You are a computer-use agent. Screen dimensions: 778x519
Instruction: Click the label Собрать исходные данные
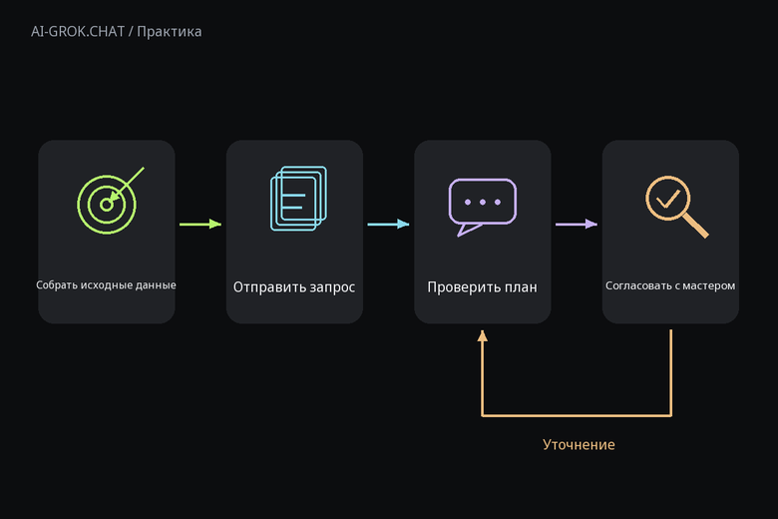(106, 285)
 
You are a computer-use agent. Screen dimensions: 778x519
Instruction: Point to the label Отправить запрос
(294, 287)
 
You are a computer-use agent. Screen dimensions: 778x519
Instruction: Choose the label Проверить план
(483, 287)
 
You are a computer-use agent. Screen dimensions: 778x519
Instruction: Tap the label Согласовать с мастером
(670, 285)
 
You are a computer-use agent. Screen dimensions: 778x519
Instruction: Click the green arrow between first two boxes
(200, 224)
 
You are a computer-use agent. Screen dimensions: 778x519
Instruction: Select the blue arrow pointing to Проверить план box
(389, 224)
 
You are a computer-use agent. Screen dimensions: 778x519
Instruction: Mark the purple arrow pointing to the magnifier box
(577, 224)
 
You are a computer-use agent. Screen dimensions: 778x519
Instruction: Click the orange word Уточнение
(579, 444)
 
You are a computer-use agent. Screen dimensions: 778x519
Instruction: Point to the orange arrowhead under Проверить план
(483, 336)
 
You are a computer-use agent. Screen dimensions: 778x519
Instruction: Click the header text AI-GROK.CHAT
(78, 32)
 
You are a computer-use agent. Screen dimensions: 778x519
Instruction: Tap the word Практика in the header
(170, 32)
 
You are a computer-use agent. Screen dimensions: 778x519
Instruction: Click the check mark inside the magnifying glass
(668, 200)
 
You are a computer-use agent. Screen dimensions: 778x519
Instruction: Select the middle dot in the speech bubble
(483, 203)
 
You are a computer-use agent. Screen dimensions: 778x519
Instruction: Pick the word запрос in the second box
(332, 288)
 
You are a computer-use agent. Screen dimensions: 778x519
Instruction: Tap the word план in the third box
(521, 287)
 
